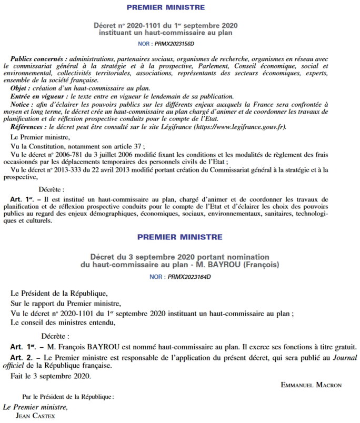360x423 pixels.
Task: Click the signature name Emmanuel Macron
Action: (x=311, y=385)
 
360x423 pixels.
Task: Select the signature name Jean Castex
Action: (x=38, y=415)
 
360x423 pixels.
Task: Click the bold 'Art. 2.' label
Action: (x=24, y=358)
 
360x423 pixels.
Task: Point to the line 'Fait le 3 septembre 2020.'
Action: (x=51, y=376)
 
